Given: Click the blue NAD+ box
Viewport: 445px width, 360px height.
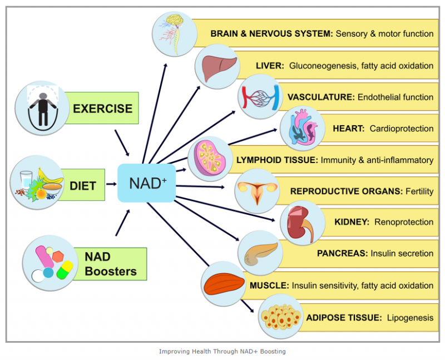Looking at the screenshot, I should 147,183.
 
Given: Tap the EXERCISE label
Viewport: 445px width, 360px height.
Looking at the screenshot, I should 102,108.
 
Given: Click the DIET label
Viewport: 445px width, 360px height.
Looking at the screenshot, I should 83,185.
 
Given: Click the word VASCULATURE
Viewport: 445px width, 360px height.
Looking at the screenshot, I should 320,97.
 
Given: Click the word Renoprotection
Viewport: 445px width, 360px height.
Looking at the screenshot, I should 404,222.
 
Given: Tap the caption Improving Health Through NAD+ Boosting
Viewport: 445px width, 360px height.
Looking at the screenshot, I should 222,351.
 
